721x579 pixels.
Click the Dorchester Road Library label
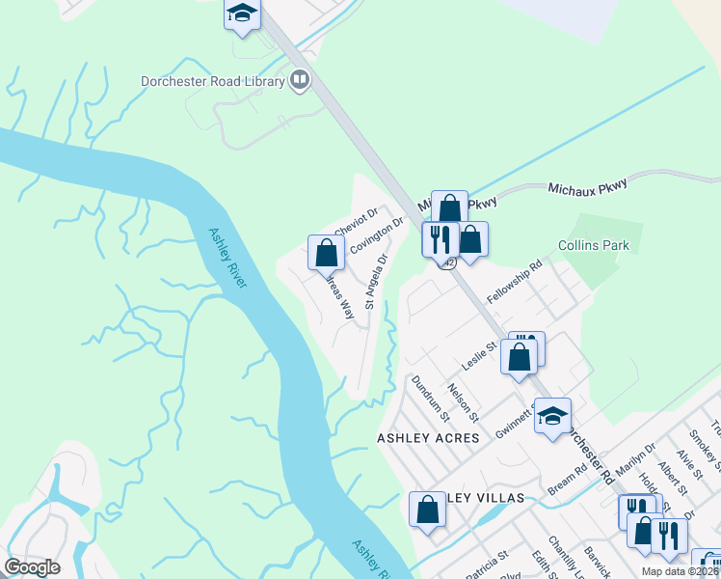point(212,82)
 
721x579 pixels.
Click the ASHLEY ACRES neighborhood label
point(427,438)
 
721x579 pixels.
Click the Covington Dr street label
point(376,236)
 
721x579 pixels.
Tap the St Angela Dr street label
point(375,282)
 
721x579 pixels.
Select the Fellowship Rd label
point(516,281)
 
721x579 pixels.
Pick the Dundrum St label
point(431,399)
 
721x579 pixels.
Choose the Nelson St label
point(464,402)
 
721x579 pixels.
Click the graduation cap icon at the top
point(242,14)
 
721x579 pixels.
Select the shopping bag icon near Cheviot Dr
point(327,253)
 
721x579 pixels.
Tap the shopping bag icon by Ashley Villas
point(427,509)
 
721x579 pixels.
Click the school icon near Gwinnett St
point(552,416)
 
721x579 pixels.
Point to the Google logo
point(33,567)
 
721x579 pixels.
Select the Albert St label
point(689,466)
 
